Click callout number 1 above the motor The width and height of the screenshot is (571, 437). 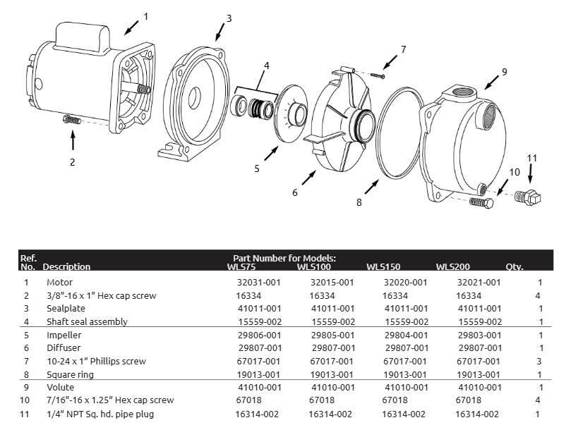pos(146,16)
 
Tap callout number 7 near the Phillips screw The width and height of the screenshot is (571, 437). pos(403,49)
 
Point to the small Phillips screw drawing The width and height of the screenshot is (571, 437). pos(380,71)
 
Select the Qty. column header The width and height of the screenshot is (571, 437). pos(514,267)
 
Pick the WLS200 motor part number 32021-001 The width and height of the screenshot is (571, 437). pos(479,282)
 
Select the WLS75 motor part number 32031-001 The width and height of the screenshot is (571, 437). pos(257,282)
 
